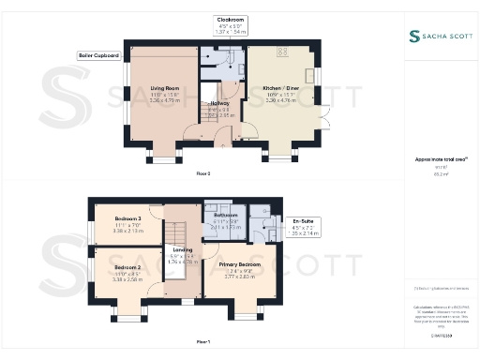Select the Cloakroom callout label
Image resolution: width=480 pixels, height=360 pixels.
point(224,19)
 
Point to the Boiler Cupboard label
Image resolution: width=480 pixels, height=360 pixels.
point(98,55)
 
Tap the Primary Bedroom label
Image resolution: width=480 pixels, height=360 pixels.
point(239,265)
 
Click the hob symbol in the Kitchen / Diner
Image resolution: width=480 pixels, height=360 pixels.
point(281,52)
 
